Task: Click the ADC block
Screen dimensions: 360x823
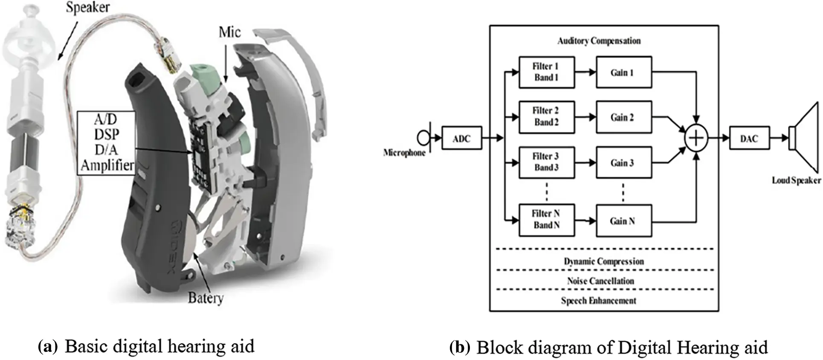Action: [x=461, y=138]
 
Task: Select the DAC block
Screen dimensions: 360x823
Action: [x=749, y=138]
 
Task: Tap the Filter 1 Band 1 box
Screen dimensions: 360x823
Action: [x=546, y=72]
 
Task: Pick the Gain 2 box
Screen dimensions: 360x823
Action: [x=623, y=117]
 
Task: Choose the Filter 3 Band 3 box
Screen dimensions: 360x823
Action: [x=546, y=162]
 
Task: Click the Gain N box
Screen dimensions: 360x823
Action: [x=623, y=221]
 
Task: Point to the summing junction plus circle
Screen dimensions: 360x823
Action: [x=696, y=138]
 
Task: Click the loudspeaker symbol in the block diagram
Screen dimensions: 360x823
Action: [x=803, y=138]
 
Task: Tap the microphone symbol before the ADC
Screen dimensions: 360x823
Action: [x=423, y=138]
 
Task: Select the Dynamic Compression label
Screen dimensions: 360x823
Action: [x=603, y=261]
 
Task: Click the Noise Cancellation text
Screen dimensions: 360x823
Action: [x=600, y=281]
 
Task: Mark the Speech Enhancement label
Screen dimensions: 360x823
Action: [x=598, y=300]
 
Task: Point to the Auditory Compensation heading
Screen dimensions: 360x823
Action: [x=599, y=41]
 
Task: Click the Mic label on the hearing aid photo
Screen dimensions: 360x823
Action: [x=229, y=32]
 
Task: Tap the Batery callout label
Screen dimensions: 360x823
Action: [x=206, y=298]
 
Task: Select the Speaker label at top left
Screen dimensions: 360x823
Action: [x=87, y=7]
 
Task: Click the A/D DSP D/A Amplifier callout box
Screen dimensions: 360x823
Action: [x=107, y=142]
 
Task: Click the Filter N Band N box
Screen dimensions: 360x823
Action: [x=546, y=219]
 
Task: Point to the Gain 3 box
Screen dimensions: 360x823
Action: [x=623, y=163]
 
